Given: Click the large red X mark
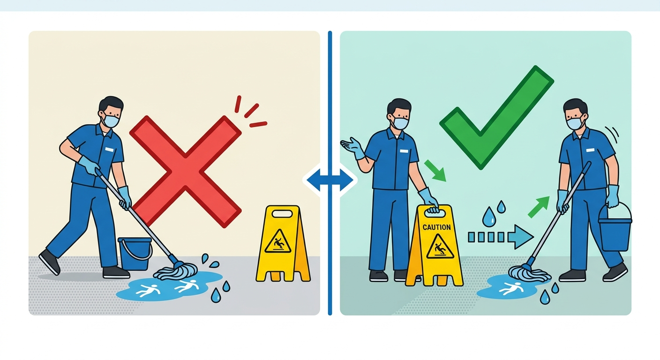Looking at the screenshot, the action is tap(186, 172).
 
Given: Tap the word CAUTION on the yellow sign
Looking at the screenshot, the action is tap(436, 227).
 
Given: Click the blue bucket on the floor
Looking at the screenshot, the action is tap(135, 254).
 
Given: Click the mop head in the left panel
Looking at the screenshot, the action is tap(176, 270).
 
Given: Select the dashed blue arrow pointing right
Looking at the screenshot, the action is tap(501, 237).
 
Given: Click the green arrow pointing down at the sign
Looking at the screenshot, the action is tap(435, 171).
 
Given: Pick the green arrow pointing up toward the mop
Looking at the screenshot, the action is tap(539, 207).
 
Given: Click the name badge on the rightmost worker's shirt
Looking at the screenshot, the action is tap(590, 150).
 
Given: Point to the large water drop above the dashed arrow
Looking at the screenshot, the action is tap(489, 217).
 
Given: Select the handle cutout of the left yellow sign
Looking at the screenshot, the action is tap(282, 213).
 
